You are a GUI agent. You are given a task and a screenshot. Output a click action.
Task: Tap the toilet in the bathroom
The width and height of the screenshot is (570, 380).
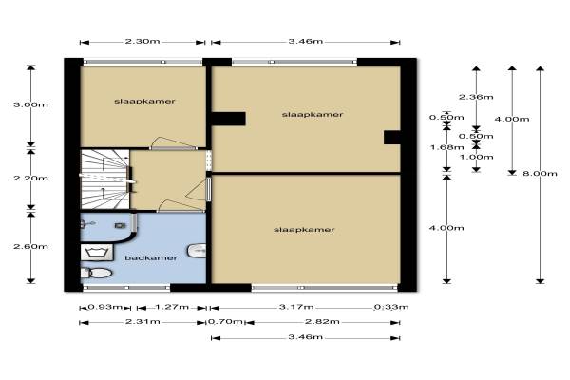pos(96,273)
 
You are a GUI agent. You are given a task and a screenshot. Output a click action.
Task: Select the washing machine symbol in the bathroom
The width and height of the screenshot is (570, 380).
pos(96,253)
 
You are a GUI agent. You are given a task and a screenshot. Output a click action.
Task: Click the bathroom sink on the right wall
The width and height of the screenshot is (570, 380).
pos(197,250)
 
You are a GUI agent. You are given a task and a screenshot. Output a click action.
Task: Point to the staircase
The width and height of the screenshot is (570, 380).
pos(104,180)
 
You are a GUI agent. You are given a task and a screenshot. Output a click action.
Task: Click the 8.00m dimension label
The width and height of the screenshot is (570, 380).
pos(540,173)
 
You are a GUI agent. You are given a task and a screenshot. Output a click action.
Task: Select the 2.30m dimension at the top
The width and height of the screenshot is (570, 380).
pos(142,41)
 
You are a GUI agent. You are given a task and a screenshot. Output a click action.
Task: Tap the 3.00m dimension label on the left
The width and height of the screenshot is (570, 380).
pos(30,104)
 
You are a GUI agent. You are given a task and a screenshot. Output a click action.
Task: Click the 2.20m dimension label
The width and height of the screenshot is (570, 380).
pos(30,179)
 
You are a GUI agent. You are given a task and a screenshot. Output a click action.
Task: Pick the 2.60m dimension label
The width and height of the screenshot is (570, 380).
pos(30,247)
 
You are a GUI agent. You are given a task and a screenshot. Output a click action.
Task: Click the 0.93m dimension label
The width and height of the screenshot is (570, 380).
pos(105,307)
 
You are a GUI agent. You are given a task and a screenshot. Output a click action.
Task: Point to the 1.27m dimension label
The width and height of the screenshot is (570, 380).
pos(172,307)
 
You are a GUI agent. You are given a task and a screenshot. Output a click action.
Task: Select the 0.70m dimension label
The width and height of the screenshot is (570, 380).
pos(225,321)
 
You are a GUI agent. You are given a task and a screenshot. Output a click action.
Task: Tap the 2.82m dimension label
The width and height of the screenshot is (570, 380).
pos(322,321)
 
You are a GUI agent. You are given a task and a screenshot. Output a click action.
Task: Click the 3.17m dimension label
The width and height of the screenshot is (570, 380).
pos(296,307)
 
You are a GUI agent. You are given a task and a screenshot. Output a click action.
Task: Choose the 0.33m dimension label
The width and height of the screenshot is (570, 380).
pos(391,307)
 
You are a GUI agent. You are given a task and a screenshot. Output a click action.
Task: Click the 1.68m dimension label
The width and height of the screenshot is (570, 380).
pos(446,147)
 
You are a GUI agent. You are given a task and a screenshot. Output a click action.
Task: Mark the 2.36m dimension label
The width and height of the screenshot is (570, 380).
pos(476,97)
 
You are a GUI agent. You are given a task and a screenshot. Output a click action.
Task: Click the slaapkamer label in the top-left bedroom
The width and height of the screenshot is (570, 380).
pos(144,101)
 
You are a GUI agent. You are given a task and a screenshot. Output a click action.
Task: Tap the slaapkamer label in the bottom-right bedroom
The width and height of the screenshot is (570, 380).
pos(304,230)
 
